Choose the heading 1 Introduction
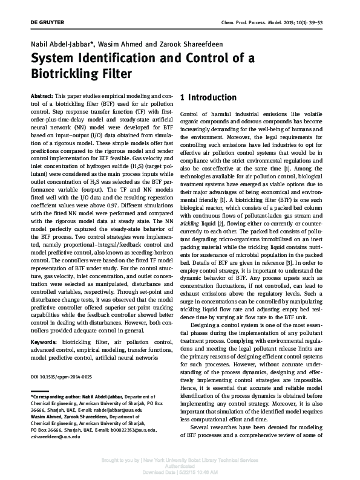pos(209,97)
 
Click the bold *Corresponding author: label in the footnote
pos(55,397)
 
